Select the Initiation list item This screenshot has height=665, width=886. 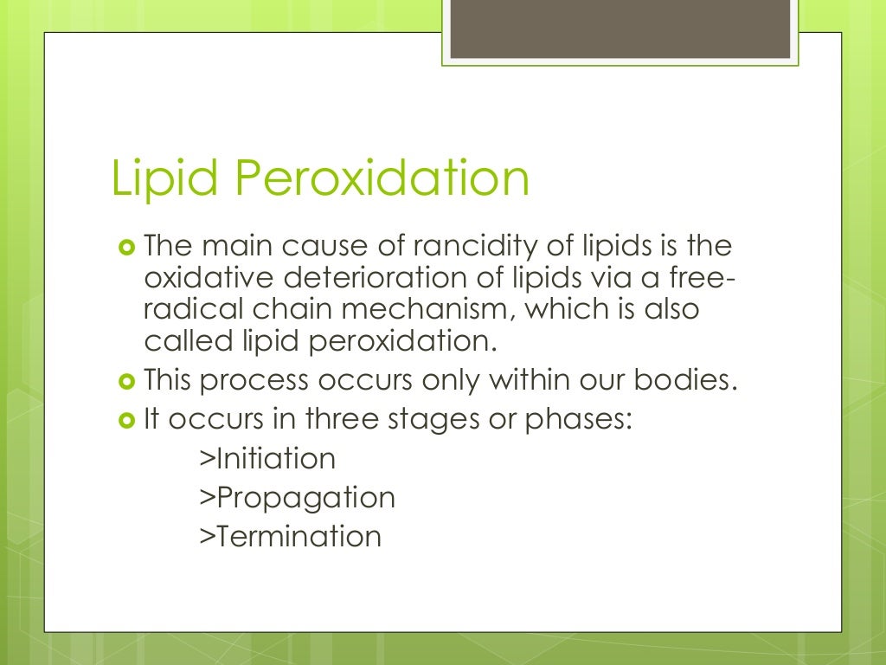267,457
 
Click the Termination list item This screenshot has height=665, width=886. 290,536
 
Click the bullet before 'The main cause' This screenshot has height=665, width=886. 127,248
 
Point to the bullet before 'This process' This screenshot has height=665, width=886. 127,380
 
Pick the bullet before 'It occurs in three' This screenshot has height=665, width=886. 127,419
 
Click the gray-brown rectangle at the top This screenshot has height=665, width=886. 620,29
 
